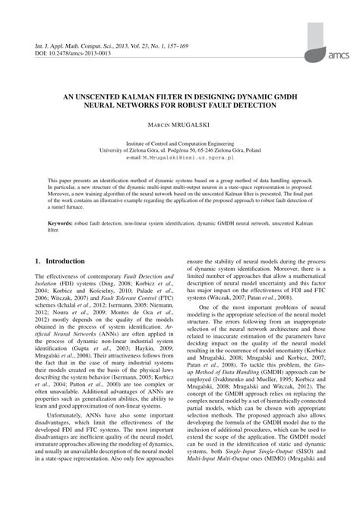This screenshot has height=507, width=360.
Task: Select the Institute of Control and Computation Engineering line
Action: tap(180, 142)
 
